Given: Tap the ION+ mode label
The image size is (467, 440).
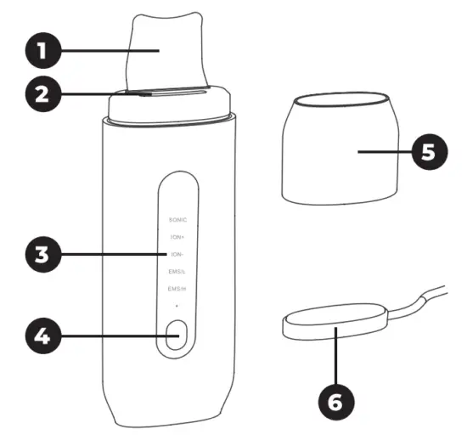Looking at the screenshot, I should tap(177, 237).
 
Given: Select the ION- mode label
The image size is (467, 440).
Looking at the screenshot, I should tap(177, 254).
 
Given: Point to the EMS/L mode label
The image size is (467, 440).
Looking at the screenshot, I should tap(177, 272).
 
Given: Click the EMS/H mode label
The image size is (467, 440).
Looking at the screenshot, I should tap(177, 290).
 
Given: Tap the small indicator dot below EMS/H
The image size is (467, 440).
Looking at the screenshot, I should tap(177, 305).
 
